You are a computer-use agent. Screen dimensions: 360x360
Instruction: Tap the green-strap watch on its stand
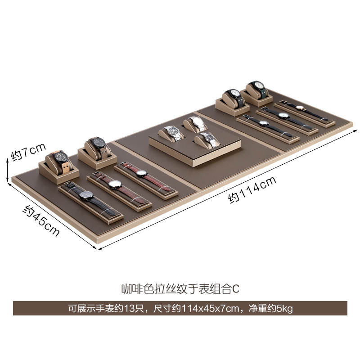(257, 86)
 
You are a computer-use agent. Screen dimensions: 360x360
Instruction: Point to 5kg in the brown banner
(285, 309)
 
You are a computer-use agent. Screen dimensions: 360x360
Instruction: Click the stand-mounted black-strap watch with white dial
(234, 94)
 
